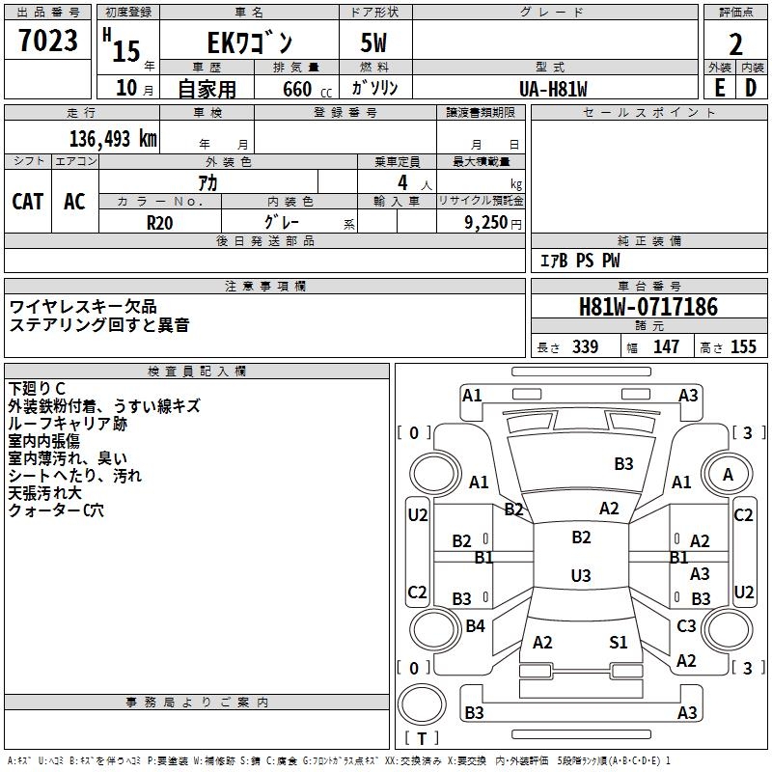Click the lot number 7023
(x=48, y=41)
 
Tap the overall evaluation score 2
(x=735, y=43)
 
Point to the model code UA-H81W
(x=553, y=89)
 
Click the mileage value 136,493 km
(x=112, y=139)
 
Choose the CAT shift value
(x=27, y=201)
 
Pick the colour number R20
(x=159, y=221)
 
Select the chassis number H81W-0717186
(x=648, y=308)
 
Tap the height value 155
(x=743, y=347)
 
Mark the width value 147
(x=666, y=347)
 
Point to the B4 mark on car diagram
(x=475, y=626)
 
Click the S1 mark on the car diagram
(x=619, y=642)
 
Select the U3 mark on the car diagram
(x=580, y=576)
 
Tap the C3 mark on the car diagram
(x=686, y=626)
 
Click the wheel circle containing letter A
(x=728, y=475)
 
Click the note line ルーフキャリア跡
(x=67, y=424)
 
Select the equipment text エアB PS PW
(x=579, y=261)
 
